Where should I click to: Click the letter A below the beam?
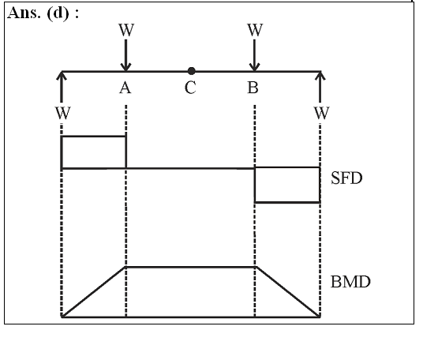pos(125,88)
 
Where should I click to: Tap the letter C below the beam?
pos(190,88)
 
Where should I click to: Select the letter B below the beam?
pos(253,88)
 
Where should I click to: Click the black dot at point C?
pos(191,71)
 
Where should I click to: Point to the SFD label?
pos(346,178)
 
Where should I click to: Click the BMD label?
pos(350,282)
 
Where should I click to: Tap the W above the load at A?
pos(126,30)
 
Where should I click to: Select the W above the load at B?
pos(255,30)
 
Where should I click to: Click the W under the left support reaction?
pos(63,113)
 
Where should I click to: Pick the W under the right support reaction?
pos(322,113)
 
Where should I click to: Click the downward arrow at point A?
pos(125,55)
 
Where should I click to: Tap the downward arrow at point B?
pos(254,55)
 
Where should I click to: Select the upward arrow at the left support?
pos(62,87)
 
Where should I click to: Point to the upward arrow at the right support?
pos(320,87)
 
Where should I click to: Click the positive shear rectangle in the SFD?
pos(94,137)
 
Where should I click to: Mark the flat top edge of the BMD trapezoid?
pos(190,267)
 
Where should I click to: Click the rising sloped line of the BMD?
pos(93,292)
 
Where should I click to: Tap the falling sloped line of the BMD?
pos(288,292)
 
